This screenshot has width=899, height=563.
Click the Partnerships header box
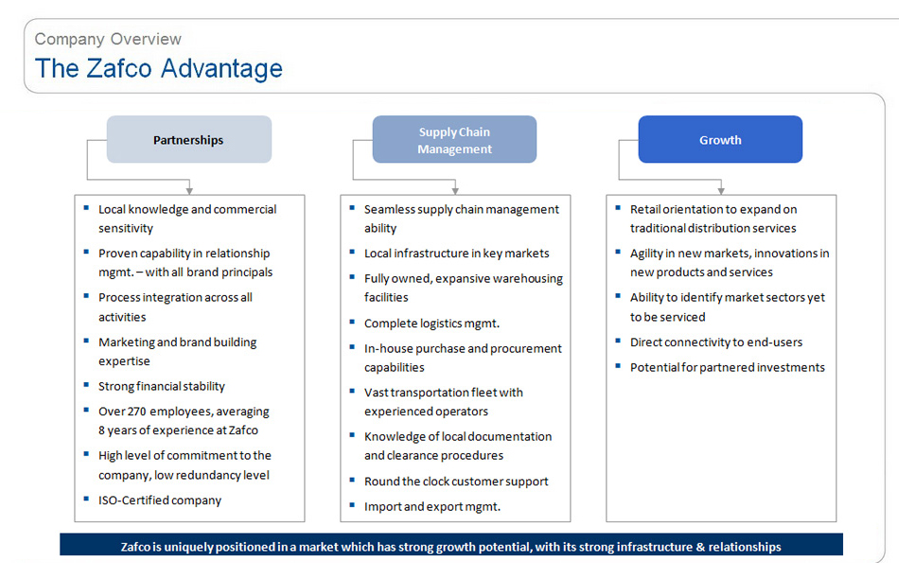click(x=189, y=139)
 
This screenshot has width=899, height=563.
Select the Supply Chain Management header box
click(x=454, y=139)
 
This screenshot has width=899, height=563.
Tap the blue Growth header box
click(x=720, y=139)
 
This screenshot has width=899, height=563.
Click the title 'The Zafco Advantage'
click(x=159, y=69)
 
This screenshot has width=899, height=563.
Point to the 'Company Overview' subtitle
click(x=108, y=39)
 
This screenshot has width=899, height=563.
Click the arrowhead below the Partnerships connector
click(x=189, y=190)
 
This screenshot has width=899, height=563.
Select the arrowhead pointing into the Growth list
click(x=721, y=190)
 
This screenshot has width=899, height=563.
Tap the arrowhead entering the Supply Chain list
click(x=454, y=190)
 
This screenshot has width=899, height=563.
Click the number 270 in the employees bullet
click(x=137, y=411)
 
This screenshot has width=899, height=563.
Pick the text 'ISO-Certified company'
click(x=159, y=501)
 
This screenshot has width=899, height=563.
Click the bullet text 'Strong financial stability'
click(x=162, y=386)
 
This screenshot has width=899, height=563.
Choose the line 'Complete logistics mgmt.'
click(x=432, y=324)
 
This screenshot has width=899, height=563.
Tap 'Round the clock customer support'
click(x=456, y=482)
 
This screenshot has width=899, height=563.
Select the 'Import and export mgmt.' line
click(x=432, y=507)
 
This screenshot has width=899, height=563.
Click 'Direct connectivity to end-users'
click(x=716, y=343)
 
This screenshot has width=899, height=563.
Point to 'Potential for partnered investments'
click(x=728, y=367)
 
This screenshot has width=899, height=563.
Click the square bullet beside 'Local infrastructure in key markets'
click(x=352, y=251)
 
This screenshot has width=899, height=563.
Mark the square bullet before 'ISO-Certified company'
click(x=86, y=499)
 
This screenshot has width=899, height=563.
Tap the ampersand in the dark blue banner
click(x=700, y=547)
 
